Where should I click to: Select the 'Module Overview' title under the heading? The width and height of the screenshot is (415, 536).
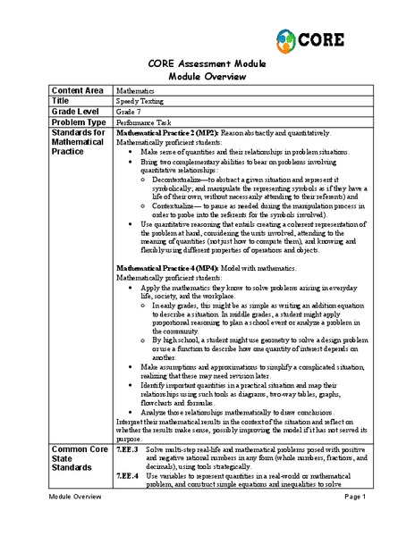coord(207,76)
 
